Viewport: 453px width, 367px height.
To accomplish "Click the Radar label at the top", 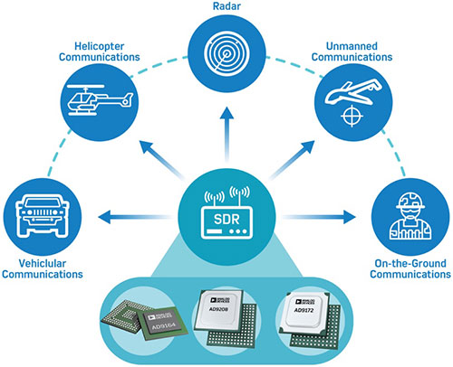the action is (226, 6).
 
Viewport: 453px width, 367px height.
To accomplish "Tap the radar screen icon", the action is (226, 54).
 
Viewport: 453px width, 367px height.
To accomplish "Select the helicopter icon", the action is (100, 100).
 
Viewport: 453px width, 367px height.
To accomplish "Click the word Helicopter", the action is (99, 46).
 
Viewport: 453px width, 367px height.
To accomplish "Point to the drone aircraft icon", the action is (353, 91).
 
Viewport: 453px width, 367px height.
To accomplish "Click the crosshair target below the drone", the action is (352, 116).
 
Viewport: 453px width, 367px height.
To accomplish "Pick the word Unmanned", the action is (352, 46).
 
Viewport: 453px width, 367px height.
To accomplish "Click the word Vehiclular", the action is (43, 263).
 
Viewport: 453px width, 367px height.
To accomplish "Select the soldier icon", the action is (410, 216).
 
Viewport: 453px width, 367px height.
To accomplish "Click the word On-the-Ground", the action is (410, 263).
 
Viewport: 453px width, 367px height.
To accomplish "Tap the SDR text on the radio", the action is (226, 219).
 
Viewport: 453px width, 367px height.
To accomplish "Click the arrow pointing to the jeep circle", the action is (134, 217).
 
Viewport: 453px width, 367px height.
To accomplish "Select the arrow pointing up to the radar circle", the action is (226, 135).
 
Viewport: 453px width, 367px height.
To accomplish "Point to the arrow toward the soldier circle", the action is (319, 217).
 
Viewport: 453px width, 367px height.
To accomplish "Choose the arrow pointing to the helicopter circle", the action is (162, 160).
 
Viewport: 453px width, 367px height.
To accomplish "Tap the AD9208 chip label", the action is (218, 309).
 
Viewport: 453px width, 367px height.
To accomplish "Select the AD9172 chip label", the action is (304, 310).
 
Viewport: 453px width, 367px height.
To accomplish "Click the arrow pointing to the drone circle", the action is (292, 160).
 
